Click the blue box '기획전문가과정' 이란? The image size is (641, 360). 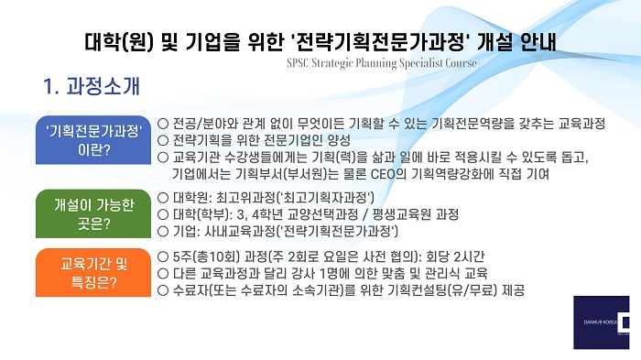(93, 140)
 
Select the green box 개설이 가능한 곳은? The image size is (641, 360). (93, 213)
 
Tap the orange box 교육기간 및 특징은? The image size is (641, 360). (93, 272)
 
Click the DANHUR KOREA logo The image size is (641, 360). (602, 322)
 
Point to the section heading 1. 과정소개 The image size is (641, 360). (92, 86)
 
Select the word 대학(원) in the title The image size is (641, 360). (119, 42)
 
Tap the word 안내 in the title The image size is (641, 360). (538, 42)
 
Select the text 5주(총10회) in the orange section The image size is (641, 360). (206, 256)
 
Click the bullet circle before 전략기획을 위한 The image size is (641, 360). (163, 140)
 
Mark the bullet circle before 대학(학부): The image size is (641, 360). (163, 214)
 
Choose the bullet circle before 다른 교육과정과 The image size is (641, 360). (163, 273)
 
